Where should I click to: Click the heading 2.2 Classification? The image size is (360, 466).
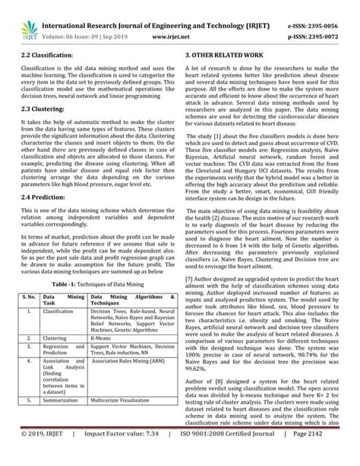46,55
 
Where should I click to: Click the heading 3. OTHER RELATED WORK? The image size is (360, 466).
228,55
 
